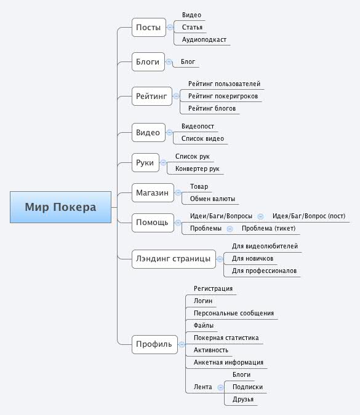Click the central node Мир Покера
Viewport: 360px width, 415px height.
pyautogui.click(x=60, y=207)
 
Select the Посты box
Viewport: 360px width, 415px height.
pyautogui.click(x=148, y=27)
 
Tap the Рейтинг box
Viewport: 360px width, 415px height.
pyautogui.click(x=152, y=96)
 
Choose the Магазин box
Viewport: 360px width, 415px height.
pyautogui.click(x=153, y=192)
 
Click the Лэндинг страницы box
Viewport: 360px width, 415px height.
pyautogui.click(x=174, y=259)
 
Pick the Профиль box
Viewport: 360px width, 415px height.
pyautogui.click(x=154, y=344)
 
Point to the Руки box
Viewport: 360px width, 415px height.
pyautogui.click(x=145, y=162)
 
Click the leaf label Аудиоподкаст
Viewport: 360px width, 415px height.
pyautogui.click(x=204, y=40)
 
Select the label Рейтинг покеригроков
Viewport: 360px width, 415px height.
pyautogui.click(x=223, y=96)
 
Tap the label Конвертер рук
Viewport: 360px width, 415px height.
pyautogui.click(x=198, y=168)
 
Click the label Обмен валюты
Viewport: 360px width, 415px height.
pyautogui.click(x=212, y=199)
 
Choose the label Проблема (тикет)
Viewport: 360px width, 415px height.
pyautogui.click(x=268, y=229)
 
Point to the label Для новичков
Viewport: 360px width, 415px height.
pyautogui.click(x=252, y=258)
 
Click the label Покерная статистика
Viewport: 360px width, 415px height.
pyautogui.click(x=226, y=338)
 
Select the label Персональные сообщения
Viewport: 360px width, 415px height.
pyautogui.click(x=234, y=313)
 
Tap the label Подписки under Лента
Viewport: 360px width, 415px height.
pyautogui.click(x=247, y=387)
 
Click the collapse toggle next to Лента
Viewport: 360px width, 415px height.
pyautogui.click(x=220, y=387)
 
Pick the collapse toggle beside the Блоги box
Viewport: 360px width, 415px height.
pyautogui.click(x=169, y=62)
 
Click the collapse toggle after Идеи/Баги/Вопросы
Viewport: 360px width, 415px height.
pyautogui.click(x=261, y=216)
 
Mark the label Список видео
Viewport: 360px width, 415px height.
pyautogui.click(x=202, y=138)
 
